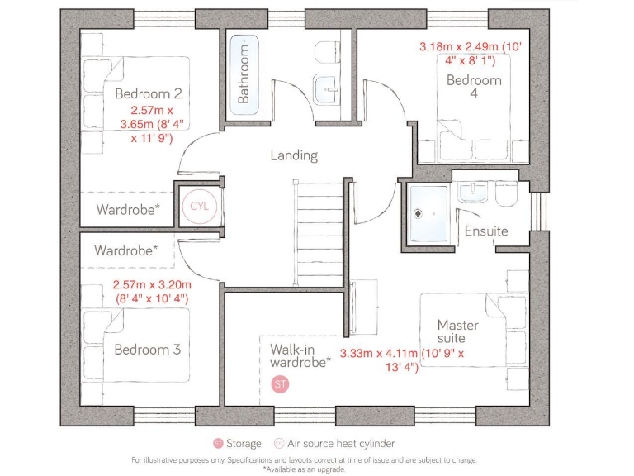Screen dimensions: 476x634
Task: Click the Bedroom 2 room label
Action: (149, 93)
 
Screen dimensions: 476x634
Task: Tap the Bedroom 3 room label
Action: (147, 350)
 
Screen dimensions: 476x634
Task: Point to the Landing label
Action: (294, 155)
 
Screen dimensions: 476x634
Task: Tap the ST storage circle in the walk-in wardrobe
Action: (281, 384)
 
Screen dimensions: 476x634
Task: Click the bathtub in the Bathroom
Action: (244, 71)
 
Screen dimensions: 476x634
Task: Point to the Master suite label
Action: (457, 331)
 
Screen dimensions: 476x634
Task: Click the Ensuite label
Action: (485, 231)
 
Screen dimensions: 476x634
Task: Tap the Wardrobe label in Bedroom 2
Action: (128, 209)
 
